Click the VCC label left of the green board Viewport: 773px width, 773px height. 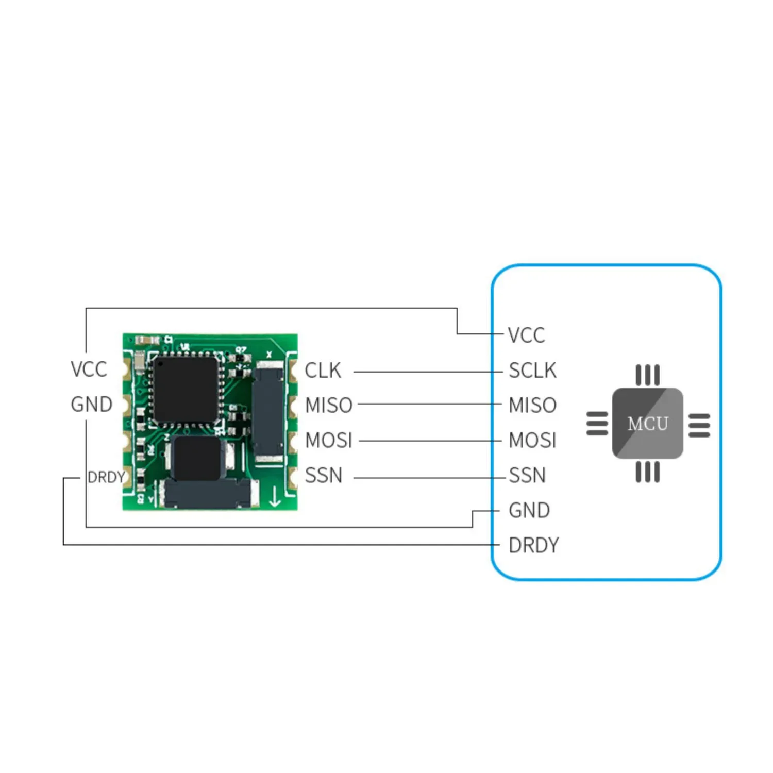tap(89, 369)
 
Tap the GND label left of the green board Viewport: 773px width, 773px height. tap(91, 405)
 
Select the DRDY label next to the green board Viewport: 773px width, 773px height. tap(106, 477)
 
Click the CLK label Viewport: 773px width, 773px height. tap(323, 371)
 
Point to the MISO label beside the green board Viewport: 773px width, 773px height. tap(328, 406)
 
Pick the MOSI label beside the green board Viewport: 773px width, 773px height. tap(328, 441)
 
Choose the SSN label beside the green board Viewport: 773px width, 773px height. tap(323, 475)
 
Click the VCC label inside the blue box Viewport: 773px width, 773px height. tap(526, 335)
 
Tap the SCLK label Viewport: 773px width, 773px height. tap(532, 371)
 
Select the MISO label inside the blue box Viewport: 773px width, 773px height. tap(532, 406)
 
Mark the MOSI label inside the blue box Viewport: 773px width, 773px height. tap(532, 441)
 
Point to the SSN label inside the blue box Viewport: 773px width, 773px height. tap(527, 475)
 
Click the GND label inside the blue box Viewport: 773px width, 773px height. tap(529, 510)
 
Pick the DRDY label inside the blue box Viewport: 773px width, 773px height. tap(533, 545)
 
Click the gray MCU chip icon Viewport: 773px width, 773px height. tap(648, 424)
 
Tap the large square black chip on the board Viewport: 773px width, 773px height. tap(186, 389)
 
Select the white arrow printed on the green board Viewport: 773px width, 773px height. tap(275, 496)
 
